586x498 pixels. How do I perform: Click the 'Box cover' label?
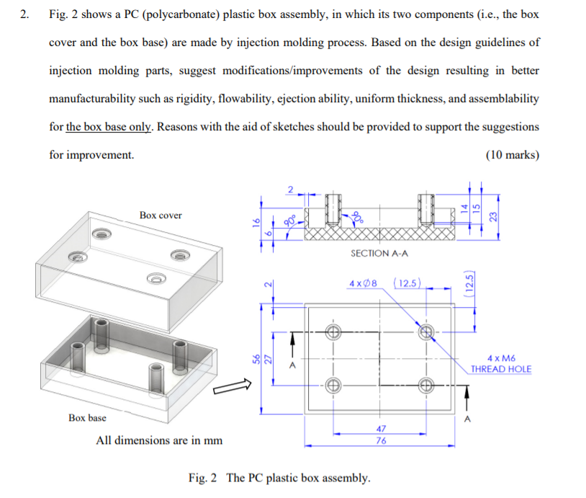[161, 215]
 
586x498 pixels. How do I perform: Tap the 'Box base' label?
[87, 417]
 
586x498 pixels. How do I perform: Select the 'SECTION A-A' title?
[379, 253]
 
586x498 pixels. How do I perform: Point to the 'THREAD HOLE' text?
[500, 369]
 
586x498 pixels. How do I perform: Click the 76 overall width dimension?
[380, 441]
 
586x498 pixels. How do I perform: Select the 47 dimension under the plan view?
[380, 428]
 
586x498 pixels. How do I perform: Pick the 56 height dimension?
[253, 357]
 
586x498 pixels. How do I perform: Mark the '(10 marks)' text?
[512, 155]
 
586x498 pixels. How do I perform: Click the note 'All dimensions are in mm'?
[159, 440]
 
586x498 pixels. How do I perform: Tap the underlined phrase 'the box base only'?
[109, 127]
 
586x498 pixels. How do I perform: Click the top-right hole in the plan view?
[426, 332]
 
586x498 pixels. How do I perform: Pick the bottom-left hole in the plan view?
[333, 385]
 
